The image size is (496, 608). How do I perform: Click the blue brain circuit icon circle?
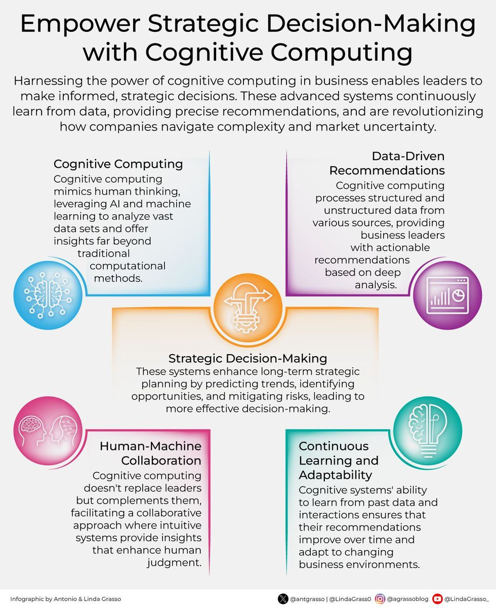pyautogui.click(x=48, y=295)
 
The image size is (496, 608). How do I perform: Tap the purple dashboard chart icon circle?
pyautogui.click(x=447, y=295)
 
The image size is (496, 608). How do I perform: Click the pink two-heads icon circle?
pyautogui.click(x=48, y=431)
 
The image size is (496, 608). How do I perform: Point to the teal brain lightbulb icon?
pyautogui.click(x=428, y=431)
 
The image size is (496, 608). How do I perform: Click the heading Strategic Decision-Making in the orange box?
pyautogui.click(x=247, y=358)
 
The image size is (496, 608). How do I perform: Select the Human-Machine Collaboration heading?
pyautogui.click(x=150, y=453)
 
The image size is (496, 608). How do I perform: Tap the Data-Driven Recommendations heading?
pyautogui.click(x=387, y=163)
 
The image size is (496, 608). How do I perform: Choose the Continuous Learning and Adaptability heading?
pyautogui.click(x=339, y=461)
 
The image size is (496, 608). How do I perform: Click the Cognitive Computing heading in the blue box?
pyautogui.click(x=118, y=164)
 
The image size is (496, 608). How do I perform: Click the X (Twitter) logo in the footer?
pyautogui.click(x=283, y=599)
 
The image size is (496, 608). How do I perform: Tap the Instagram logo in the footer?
pyautogui.click(x=380, y=599)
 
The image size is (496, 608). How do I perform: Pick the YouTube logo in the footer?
pyautogui.click(x=437, y=599)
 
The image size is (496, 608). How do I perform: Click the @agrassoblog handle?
pyautogui.click(x=407, y=599)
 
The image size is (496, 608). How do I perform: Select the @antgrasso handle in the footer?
pyautogui.click(x=307, y=599)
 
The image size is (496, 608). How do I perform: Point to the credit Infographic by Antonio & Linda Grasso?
pyautogui.click(x=66, y=599)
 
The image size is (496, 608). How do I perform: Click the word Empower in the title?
pyautogui.click(x=80, y=24)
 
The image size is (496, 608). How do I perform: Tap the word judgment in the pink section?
pyautogui.click(x=174, y=562)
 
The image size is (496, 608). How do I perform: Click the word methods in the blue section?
pyautogui.click(x=118, y=278)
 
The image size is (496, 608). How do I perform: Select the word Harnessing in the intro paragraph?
pyautogui.click(x=48, y=81)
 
